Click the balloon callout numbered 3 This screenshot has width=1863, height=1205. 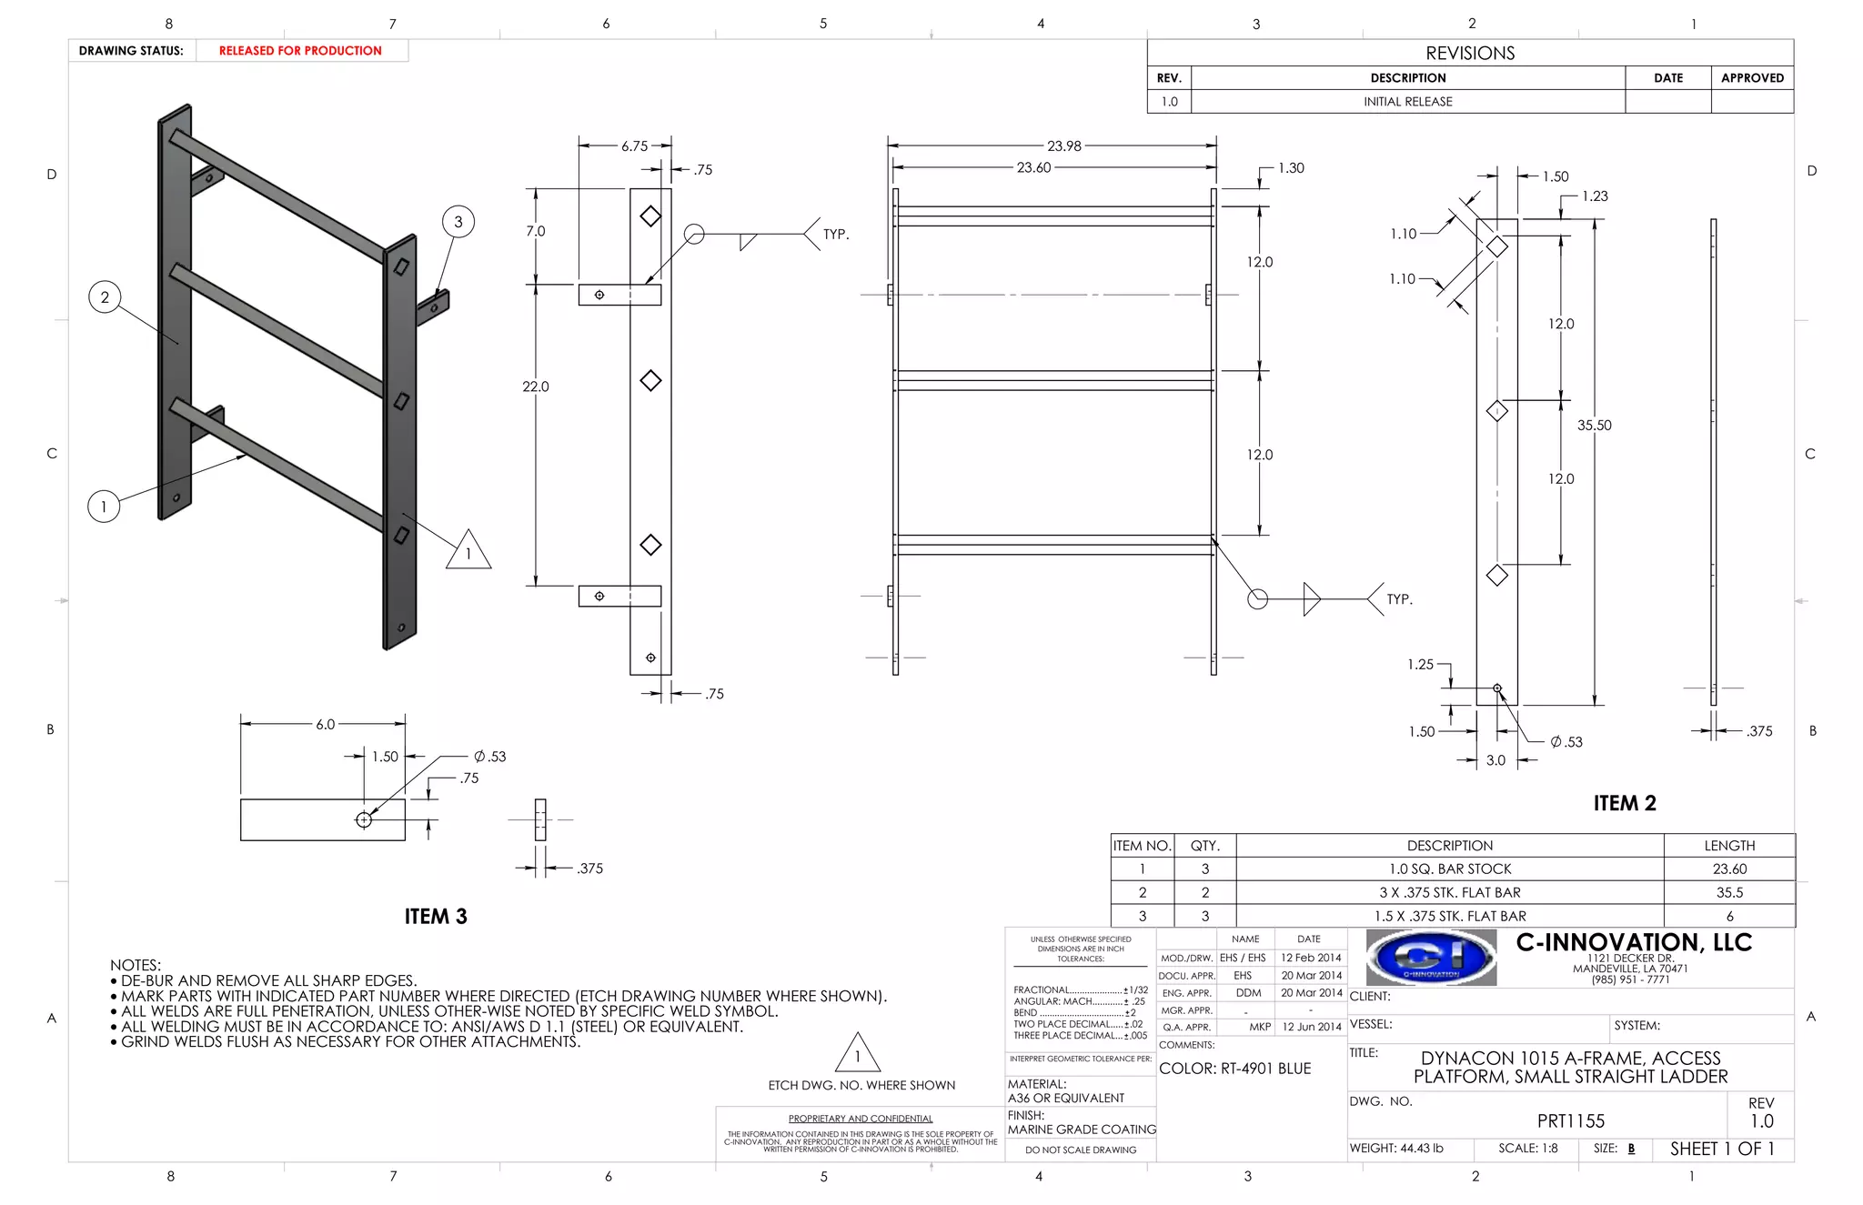pyautogui.click(x=458, y=221)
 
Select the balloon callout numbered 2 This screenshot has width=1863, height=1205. pyautogui.click(x=105, y=296)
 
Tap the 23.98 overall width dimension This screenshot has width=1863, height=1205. pyautogui.click(x=1063, y=146)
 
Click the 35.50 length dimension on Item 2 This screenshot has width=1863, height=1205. pyautogui.click(x=1594, y=425)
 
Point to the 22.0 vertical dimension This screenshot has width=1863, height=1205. pyautogui.click(x=535, y=387)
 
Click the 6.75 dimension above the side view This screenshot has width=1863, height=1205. pyautogui.click(x=634, y=146)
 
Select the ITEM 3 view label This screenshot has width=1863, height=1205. pyautogui.click(x=436, y=916)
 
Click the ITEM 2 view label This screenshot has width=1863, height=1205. pyautogui.click(x=1624, y=803)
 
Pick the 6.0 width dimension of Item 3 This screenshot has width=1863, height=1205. pyautogui.click(x=325, y=724)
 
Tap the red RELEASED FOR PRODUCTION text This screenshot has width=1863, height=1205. pyautogui.click(x=300, y=51)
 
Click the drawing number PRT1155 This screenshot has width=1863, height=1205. pyautogui.click(x=1570, y=1121)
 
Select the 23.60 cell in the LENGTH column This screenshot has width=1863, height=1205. pyautogui.click(x=1728, y=869)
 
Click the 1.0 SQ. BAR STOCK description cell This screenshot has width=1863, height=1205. pyautogui.click(x=1449, y=869)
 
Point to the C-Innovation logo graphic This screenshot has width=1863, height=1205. pyautogui.click(x=1431, y=957)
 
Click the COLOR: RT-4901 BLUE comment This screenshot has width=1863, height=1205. pyautogui.click(x=1234, y=1069)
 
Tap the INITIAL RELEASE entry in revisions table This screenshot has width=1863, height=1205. pyautogui.click(x=1407, y=102)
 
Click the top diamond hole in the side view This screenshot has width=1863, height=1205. pyautogui.click(x=650, y=216)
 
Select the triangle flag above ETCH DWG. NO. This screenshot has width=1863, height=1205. pyautogui.click(x=857, y=1053)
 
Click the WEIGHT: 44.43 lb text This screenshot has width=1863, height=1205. pyautogui.click(x=1396, y=1149)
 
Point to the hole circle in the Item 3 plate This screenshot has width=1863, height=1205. pyautogui.click(x=364, y=819)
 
